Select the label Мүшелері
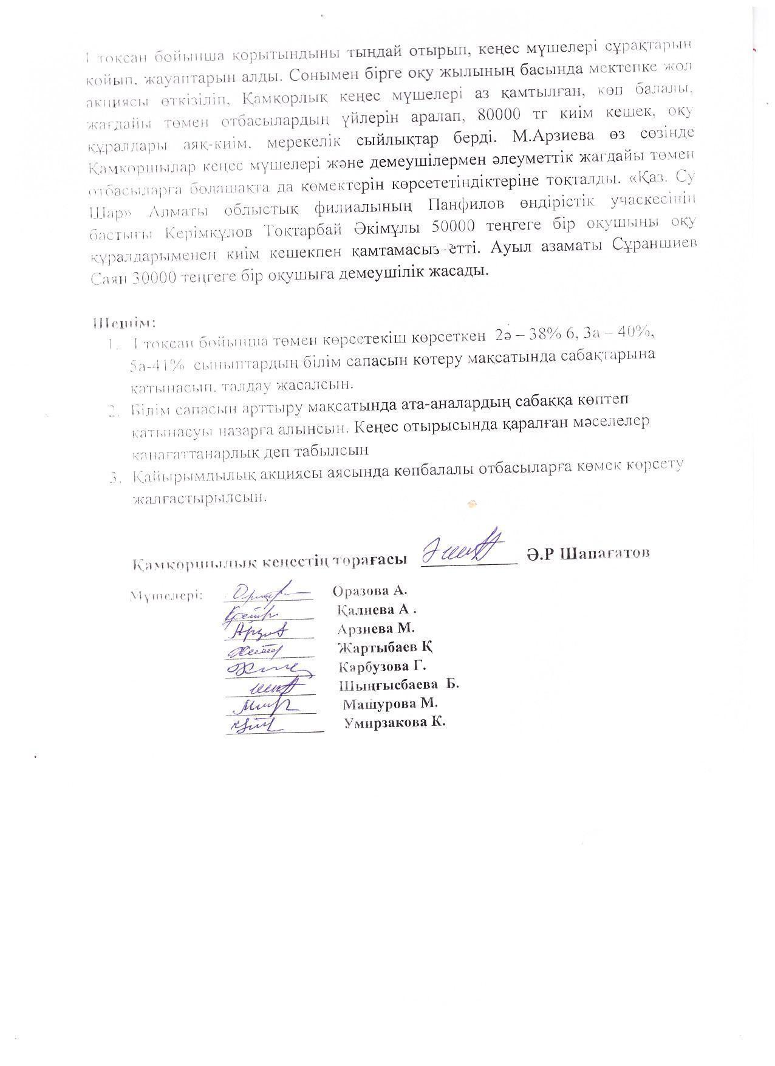tap(166, 596)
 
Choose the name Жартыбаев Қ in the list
tap(385, 646)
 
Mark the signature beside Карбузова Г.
tap(267, 668)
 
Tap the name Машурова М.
tap(391, 703)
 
